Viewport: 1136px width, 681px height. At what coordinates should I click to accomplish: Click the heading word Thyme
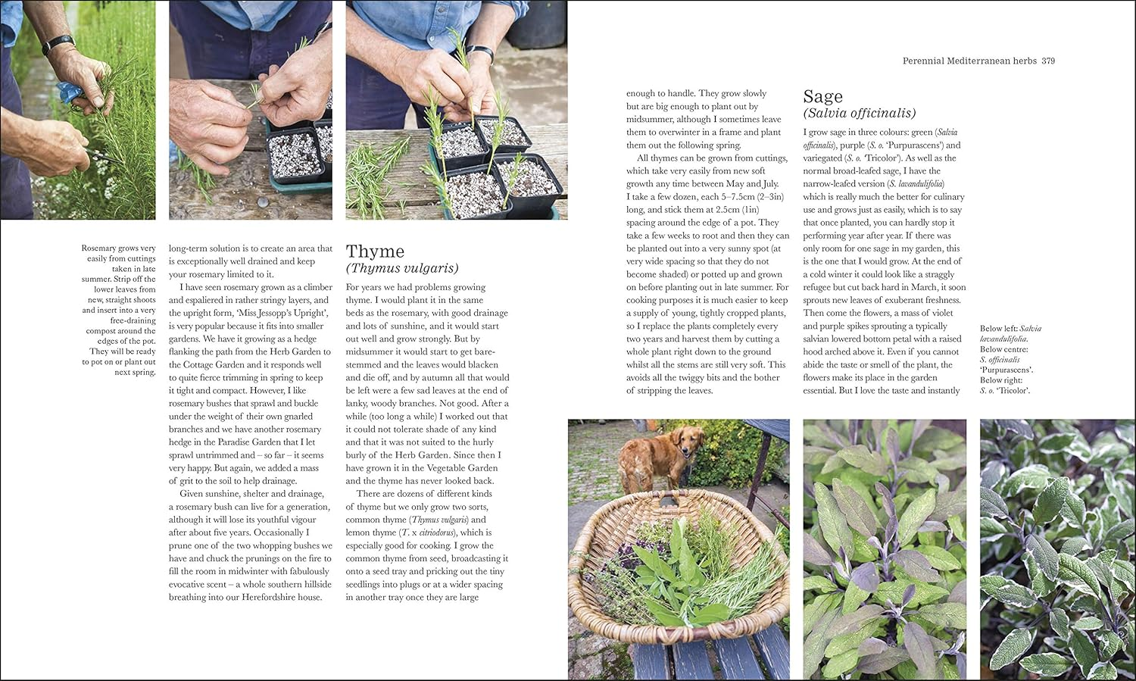[375, 251]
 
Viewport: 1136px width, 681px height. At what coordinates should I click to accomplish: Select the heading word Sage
[822, 97]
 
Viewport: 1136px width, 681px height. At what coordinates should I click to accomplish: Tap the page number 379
[1048, 61]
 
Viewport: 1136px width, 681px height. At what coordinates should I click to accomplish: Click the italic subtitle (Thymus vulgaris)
[402, 268]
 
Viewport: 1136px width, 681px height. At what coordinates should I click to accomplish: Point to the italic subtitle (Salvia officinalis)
[859, 114]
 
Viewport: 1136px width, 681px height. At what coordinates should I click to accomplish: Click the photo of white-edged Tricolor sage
[1057, 549]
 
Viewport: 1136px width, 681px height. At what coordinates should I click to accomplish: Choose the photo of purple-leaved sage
[884, 549]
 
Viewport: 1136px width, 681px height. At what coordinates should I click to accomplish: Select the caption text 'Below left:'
[998, 329]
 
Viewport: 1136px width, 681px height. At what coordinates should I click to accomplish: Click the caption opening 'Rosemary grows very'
[118, 248]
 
